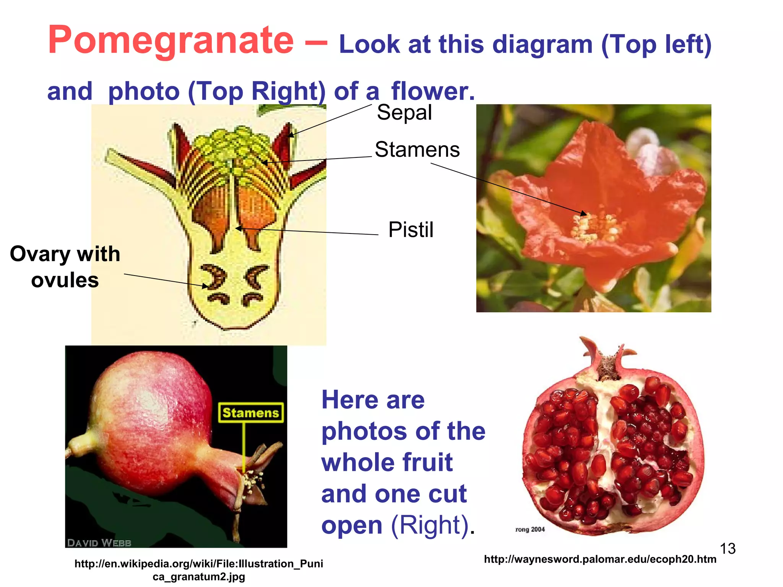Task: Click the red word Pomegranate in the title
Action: click(x=171, y=41)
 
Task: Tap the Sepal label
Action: click(x=404, y=112)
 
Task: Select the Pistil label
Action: click(x=411, y=230)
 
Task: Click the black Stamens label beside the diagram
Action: click(x=417, y=149)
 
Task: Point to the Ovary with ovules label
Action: click(x=65, y=267)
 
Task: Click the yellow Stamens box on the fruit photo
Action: click(x=251, y=413)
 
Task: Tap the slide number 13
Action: click(x=728, y=549)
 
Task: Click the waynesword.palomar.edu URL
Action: click(x=600, y=559)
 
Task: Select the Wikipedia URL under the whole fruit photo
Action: click(x=199, y=570)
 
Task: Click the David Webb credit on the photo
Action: click(x=99, y=543)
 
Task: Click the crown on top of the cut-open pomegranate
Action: click(x=608, y=359)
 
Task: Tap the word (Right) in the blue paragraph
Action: click(x=430, y=525)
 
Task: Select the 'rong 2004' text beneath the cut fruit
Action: click(x=530, y=529)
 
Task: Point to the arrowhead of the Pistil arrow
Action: click(x=238, y=229)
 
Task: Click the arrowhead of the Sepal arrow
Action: click(x=291, y=135)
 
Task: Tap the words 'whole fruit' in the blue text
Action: click(x=387, y=462)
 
